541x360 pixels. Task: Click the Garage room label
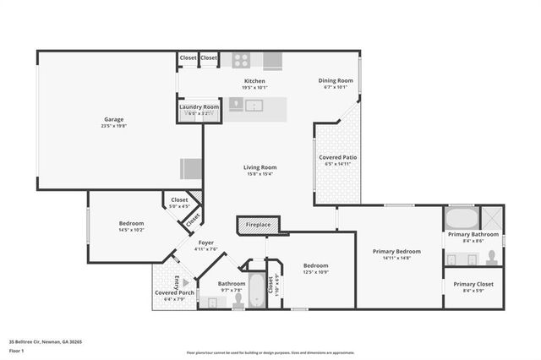108,119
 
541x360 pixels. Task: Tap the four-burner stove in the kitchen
241,60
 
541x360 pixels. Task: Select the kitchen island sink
254,106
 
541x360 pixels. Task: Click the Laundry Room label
199,107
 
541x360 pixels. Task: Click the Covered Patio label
337,158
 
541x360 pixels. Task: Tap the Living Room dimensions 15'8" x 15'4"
260,174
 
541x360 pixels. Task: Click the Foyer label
206,243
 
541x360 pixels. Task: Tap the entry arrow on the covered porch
176,282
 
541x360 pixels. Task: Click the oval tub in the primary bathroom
462,218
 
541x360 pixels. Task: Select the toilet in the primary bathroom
491,257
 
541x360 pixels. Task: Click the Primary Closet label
473,285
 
